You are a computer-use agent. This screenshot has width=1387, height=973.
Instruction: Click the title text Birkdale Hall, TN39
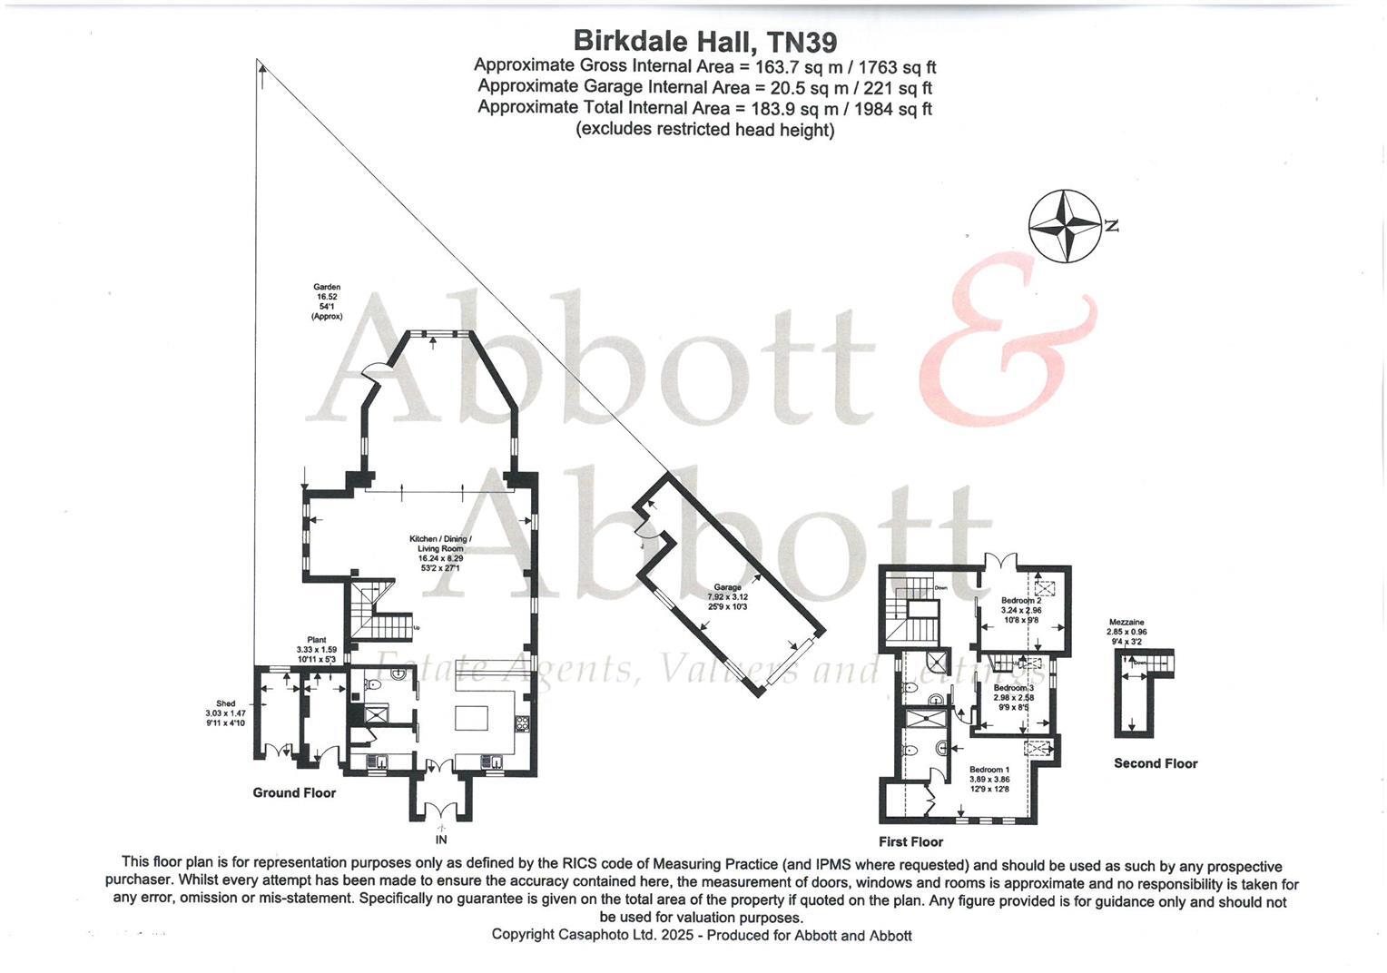click(704, 42)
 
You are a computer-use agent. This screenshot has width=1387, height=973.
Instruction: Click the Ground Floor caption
click(294, 793)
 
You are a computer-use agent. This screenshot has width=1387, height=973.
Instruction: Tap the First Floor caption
click(910, 842)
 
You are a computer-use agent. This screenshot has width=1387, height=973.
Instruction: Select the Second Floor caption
click(1156, 764)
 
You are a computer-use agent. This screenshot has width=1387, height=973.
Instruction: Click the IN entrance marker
click(441, 840)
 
